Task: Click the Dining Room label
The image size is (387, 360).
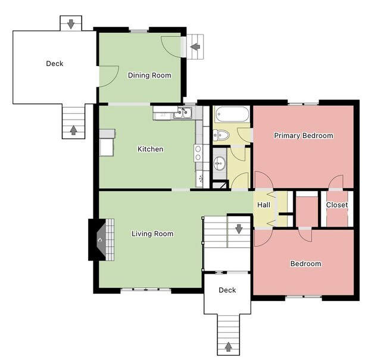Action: [149, 76]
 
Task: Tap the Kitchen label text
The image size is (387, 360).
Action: [150, 149]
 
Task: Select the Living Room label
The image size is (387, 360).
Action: [152, 234]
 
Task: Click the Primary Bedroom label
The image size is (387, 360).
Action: [303, 136]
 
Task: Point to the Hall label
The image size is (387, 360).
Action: [264, 205]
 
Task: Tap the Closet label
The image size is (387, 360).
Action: [336, 205]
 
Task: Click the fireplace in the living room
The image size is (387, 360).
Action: [99, 240]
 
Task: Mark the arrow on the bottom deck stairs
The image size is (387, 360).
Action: [228, 346]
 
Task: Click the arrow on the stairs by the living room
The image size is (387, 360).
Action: [239, 228]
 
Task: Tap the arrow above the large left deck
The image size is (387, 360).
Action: [71, 24]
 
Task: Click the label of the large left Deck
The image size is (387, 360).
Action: [55, 64]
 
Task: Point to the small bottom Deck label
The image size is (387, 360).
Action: [227, 290]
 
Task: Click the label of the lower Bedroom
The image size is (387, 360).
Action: [305, 264]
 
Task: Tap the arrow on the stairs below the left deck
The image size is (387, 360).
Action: [74, 130]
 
